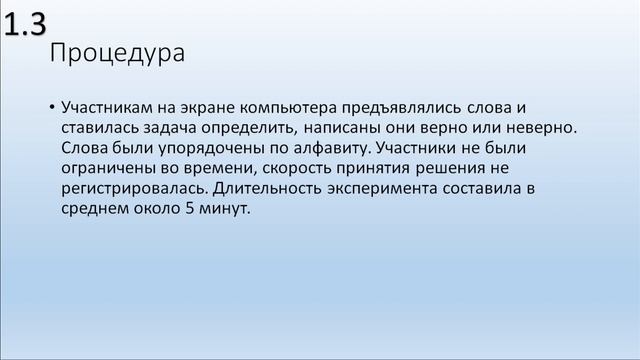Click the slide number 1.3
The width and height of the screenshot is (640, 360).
pyautogui.click(x=24, y=28)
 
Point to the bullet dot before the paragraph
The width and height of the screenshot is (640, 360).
pyautogui.click(x=50, y=107)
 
